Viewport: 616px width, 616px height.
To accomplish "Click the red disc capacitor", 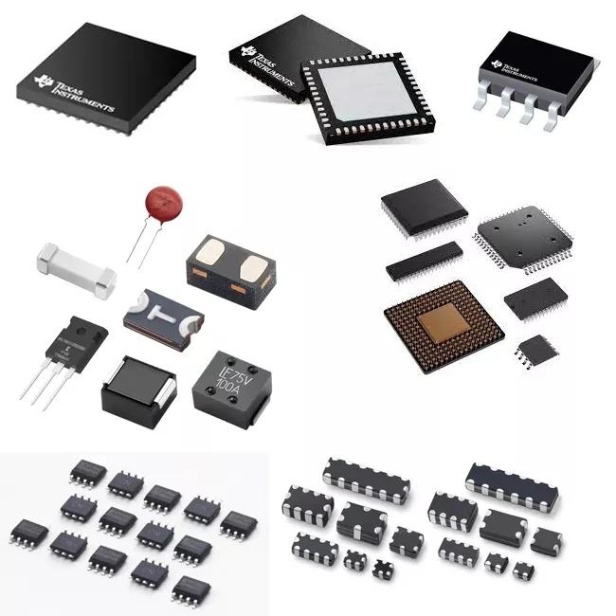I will pos(163,203).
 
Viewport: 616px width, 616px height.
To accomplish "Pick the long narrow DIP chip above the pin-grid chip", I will pos(424,260).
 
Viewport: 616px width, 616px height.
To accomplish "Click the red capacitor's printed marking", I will pos(164,202).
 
